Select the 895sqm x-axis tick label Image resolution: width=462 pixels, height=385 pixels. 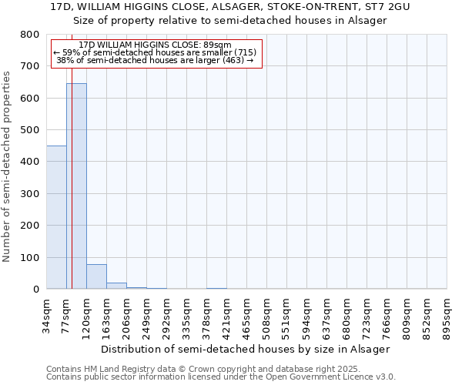click(447, 316)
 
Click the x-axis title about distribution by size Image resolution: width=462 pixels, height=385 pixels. click(246, 349)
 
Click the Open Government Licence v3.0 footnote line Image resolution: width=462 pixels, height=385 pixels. click(221, 377)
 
